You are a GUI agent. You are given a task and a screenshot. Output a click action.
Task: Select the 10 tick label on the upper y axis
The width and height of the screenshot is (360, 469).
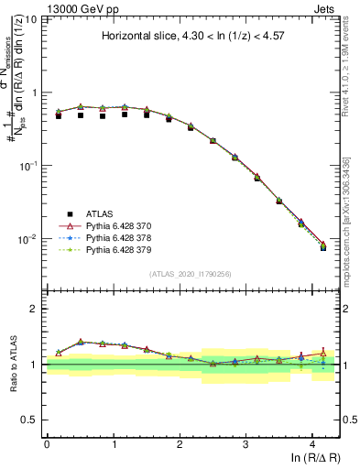pyautogui.click(x=31, y=19)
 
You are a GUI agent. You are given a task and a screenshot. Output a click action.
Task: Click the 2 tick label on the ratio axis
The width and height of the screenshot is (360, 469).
pyautogui.click(x=36, y=309)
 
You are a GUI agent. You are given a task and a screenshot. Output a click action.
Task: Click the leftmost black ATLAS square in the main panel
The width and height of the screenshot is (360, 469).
pyautogui.click(x=59, y=116)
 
